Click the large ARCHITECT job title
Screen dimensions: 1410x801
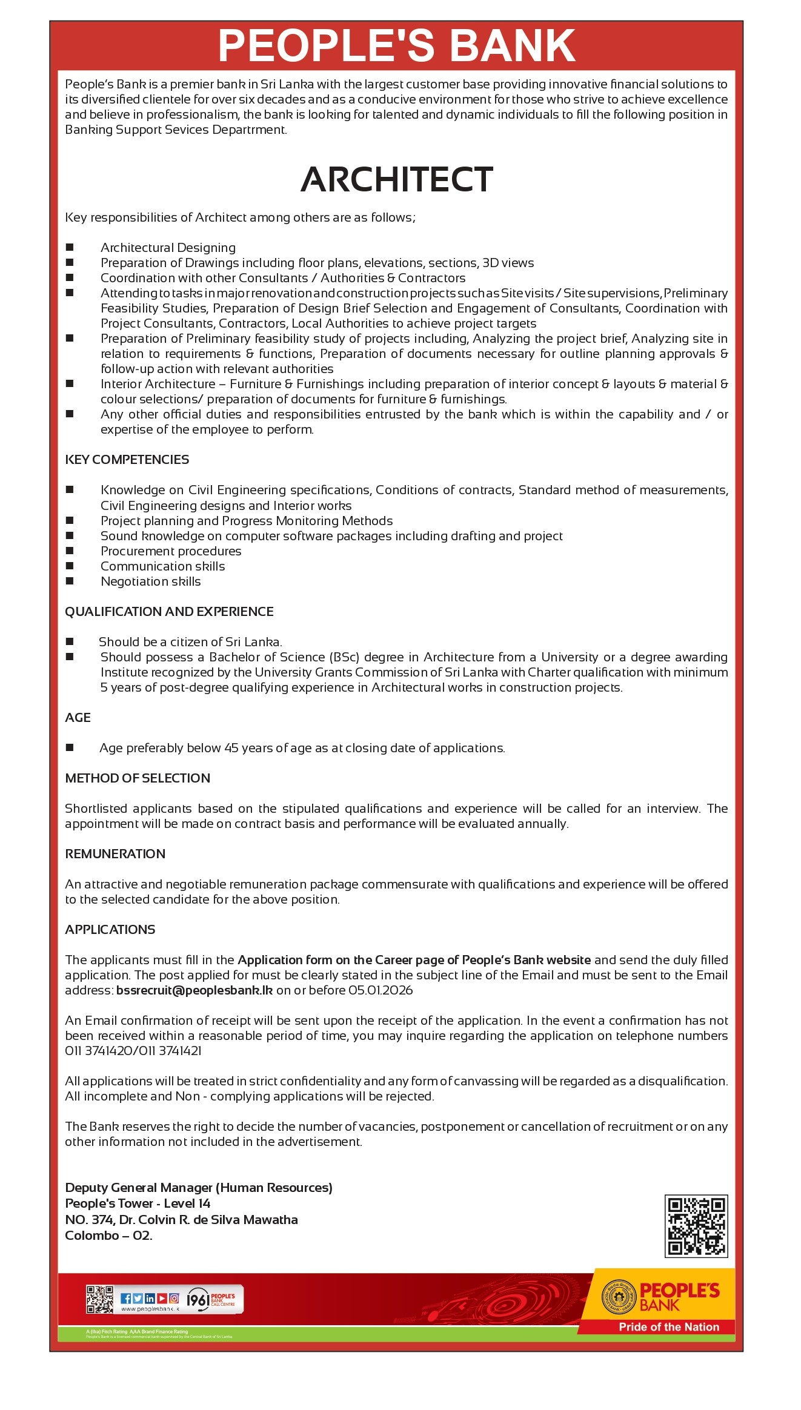coord(397,179)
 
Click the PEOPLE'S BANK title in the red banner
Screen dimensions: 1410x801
coord(397,45)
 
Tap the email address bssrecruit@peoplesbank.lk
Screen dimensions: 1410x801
coord(194,990)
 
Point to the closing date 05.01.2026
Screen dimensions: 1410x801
coord(381,990)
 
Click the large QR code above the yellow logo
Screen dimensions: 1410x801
coord(696,1226)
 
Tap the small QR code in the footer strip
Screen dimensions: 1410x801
coord(100,1299)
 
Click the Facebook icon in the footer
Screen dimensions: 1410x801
coord(126,1298)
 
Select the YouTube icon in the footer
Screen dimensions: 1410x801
coord(162,1298)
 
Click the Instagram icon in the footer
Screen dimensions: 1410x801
coord(174,1298)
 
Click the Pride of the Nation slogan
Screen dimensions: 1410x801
coord(668,1327)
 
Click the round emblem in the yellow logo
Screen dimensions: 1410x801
coord(618,1297)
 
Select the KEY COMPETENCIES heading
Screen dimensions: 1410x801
coord(127,460)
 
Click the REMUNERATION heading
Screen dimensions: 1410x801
coord(115,854)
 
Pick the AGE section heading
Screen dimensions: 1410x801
coord(78,718)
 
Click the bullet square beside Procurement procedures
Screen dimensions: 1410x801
coord(70,551)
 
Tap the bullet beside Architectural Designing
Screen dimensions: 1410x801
coord(70,247)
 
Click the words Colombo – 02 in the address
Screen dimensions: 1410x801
coord(108,1236)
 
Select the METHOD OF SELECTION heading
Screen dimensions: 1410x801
coord(138,778)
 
